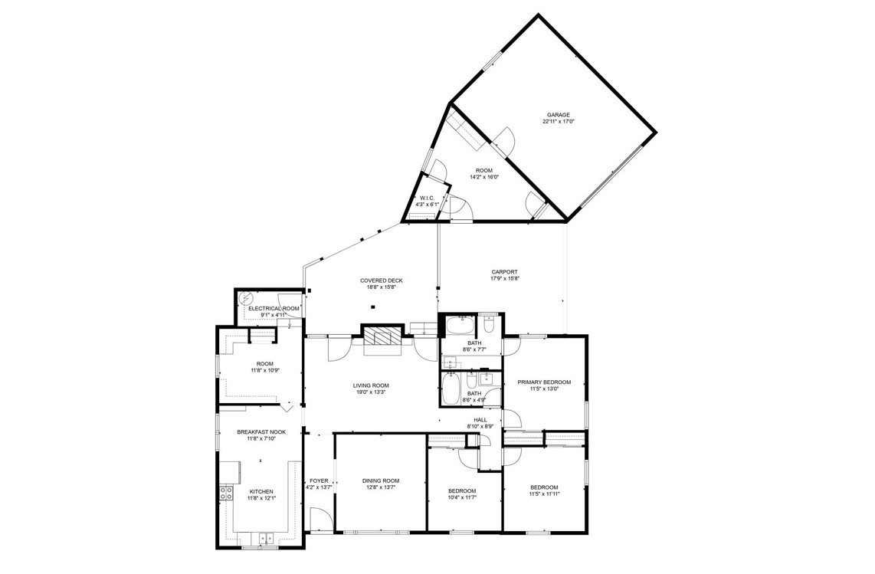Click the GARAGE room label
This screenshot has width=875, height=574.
point(558,115)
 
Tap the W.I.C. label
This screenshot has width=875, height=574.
point(427,198)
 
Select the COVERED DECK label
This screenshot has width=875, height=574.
point(381,280)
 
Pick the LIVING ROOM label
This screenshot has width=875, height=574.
point(371,385)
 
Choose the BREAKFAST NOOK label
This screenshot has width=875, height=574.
point(261,432)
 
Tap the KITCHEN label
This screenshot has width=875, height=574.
point(261,492)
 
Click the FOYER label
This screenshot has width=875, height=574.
point(320,481)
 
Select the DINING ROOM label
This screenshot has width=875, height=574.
point(381,481)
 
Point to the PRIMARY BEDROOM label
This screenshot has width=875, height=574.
point(544,382)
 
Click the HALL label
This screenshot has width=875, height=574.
point(480,420)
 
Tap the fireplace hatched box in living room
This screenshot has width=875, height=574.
point(383,336)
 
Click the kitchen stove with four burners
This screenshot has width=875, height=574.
point(226,493)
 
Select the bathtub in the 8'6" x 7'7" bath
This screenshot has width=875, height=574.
point(459,325)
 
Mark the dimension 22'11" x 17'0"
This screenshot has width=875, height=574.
point(558,121)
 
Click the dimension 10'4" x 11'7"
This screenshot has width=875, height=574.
point(462,497)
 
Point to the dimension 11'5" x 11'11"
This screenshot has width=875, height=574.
point(544,494)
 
